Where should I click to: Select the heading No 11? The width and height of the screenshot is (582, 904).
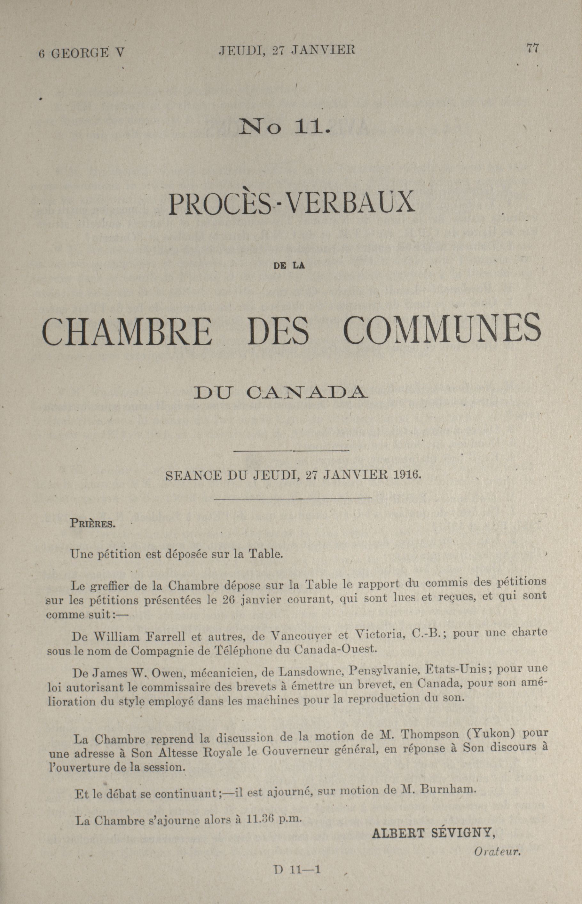pos(283,129)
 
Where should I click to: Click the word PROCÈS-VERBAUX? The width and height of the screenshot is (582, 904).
pos(291,204)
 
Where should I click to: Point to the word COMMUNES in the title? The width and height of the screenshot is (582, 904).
pos(443,329)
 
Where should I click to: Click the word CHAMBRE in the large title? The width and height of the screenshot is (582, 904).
pos(127,332)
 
